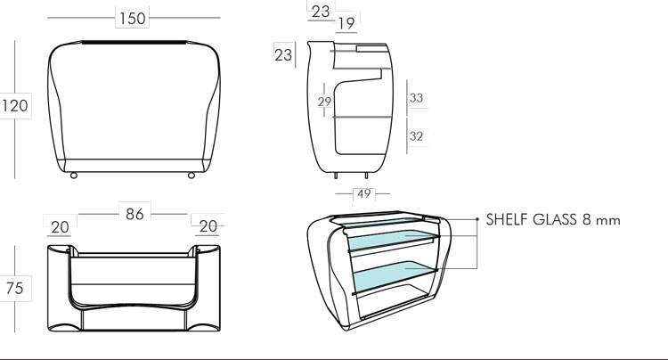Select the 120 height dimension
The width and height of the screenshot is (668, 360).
[14, 106]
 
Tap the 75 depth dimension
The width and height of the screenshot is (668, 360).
[14, 288]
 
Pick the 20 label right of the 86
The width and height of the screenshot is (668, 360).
[207, 227]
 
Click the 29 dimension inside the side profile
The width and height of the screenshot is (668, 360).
[325, 102]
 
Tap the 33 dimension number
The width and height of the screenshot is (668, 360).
[416, 98]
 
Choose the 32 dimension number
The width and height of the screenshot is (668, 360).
[416, 136]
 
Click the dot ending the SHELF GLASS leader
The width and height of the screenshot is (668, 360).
[477, 218]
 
